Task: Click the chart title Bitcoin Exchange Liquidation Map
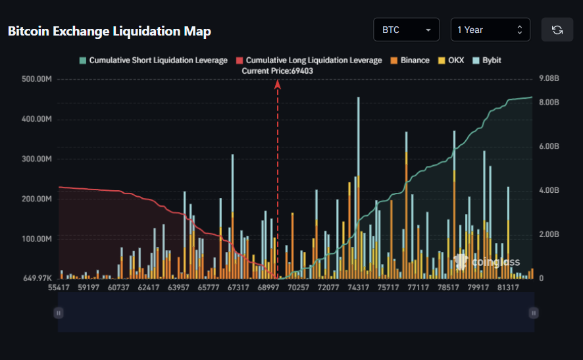pos(109,31)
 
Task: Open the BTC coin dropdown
pos(406,30)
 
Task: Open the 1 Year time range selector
pos(490,30)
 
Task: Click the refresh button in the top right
pos(557,30)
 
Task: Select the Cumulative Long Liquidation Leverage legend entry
pos(309,60)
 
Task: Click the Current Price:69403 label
pos(277,70)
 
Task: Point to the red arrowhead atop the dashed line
pos(278,84)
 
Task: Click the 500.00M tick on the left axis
pos(36,79)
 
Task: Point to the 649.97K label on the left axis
pos(37,278)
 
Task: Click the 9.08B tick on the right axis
pos(548,79)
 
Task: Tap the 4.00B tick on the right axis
pos(548,190)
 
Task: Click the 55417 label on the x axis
pos(60,288)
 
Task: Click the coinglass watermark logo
pos(478,261)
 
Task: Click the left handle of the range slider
pos(59,313)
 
